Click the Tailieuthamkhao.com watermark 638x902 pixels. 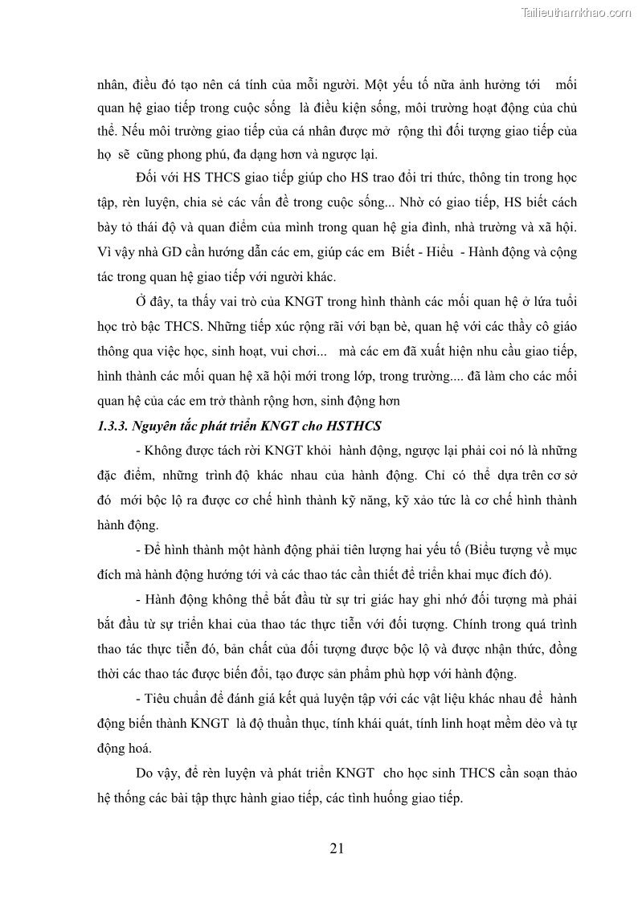pyautogui.click(x=576, y=12)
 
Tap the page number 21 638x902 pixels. pyautogui.click(x=337, y=848)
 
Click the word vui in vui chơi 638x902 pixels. pyautogui.click(x=278, y=351)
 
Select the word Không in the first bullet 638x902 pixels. pyautogui.click(x=163, y=450)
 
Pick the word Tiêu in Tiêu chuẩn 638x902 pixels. pyautogui.click(x=158, y=699)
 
